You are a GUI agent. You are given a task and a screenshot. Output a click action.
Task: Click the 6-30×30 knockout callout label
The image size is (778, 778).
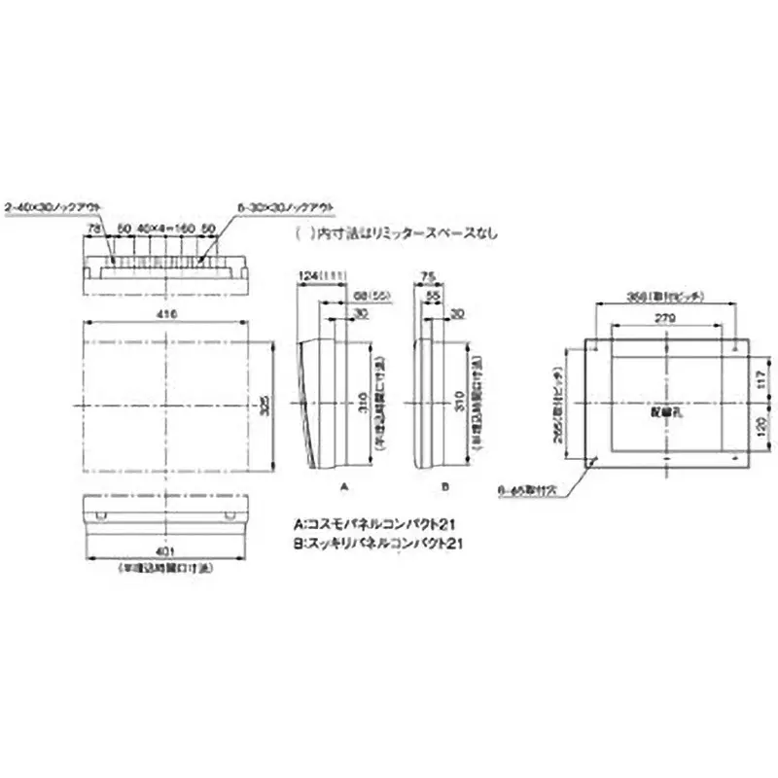[x=285, y=207]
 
